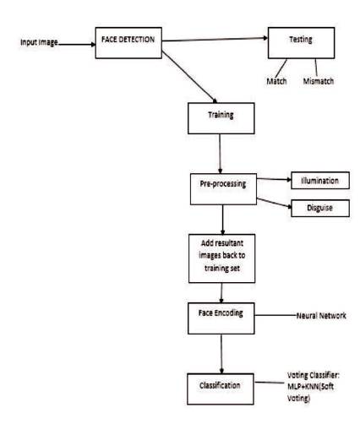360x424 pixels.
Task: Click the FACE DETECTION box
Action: point(128,43)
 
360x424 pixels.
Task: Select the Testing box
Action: point(301,43)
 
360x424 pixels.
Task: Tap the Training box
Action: point(221,118)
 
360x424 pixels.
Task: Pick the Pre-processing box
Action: point(223,189)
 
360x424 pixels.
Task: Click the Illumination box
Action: point(320,180)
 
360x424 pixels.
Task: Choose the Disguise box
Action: point(320,208)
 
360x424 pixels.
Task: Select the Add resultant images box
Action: point(222,258)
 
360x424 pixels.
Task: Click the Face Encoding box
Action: point(221,318)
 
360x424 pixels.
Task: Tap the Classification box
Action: point(221,389)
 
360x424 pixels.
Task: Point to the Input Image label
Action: point(39,42)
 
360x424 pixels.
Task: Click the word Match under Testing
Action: point(276,81)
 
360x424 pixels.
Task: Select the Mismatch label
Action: point(319,81)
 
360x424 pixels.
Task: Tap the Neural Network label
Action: point(321,316)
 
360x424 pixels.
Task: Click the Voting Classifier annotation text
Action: point(314,387)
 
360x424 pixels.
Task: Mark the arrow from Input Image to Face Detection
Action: point(77,44)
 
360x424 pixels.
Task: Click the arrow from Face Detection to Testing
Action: point(215,39)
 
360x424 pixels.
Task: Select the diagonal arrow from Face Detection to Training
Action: point(189,77)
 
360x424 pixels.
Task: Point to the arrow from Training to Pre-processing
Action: point(220,154)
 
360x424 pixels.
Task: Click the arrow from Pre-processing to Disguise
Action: point(274,203)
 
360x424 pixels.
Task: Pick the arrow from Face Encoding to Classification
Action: point(221,354)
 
